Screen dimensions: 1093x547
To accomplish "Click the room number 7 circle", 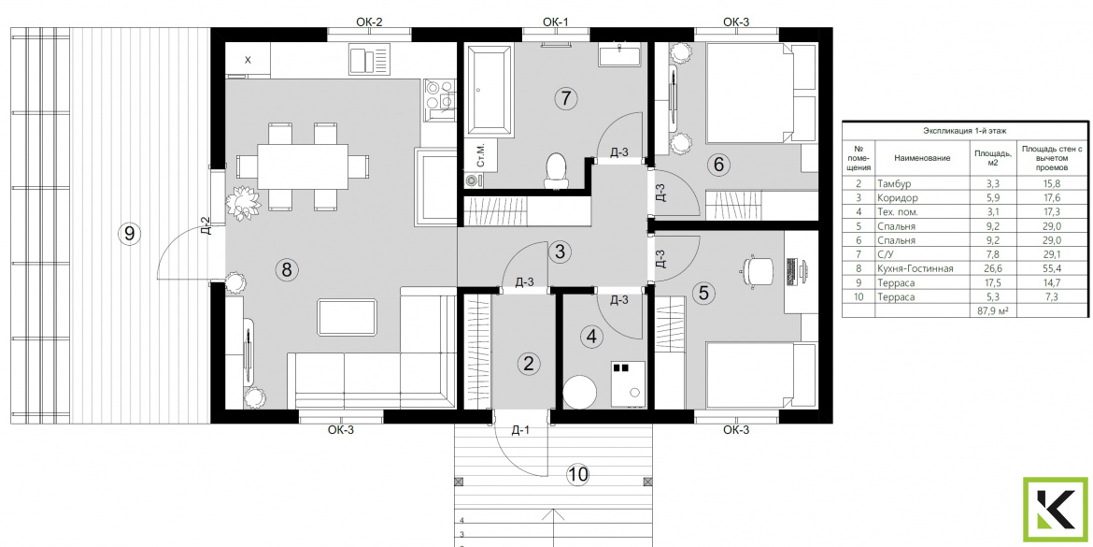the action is coord(566,98).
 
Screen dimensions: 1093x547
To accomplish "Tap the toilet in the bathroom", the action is coord(556,171).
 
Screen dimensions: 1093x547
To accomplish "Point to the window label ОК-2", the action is coord(369,22).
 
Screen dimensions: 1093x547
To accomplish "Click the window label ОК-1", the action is coord(556,22).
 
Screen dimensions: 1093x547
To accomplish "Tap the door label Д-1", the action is coord(520,430).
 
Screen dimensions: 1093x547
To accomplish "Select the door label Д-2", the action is coord(206,224).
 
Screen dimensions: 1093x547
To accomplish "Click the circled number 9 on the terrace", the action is coord(128,234).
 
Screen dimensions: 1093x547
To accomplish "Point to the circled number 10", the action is coord(577,475).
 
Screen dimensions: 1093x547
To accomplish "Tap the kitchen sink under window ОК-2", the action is coord(369,60).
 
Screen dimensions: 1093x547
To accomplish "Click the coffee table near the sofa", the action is coord(347,318).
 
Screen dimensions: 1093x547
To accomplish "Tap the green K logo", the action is coord(1056,510).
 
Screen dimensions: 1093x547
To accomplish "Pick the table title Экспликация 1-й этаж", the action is coord(965,131).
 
